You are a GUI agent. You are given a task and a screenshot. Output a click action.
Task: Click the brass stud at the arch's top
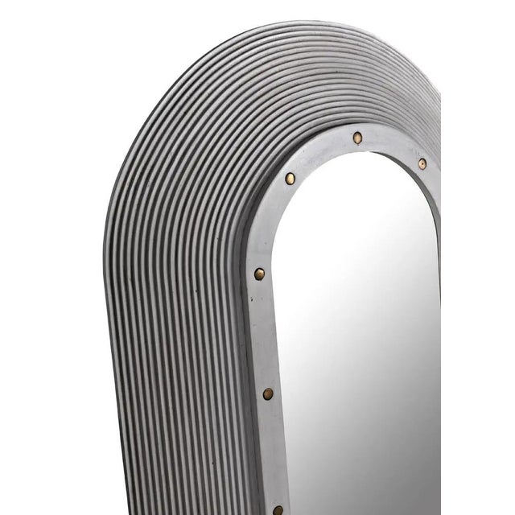click(x=356, y=138)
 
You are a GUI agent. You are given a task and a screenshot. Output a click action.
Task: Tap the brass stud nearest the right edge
click(x=422, y=163)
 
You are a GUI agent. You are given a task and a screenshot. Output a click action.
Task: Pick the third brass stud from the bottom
click(x=259, y=274)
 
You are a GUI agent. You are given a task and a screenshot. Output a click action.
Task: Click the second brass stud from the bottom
click(x=268, y=393)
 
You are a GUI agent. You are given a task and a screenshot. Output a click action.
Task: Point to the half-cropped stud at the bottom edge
click(x=278, y=509)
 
